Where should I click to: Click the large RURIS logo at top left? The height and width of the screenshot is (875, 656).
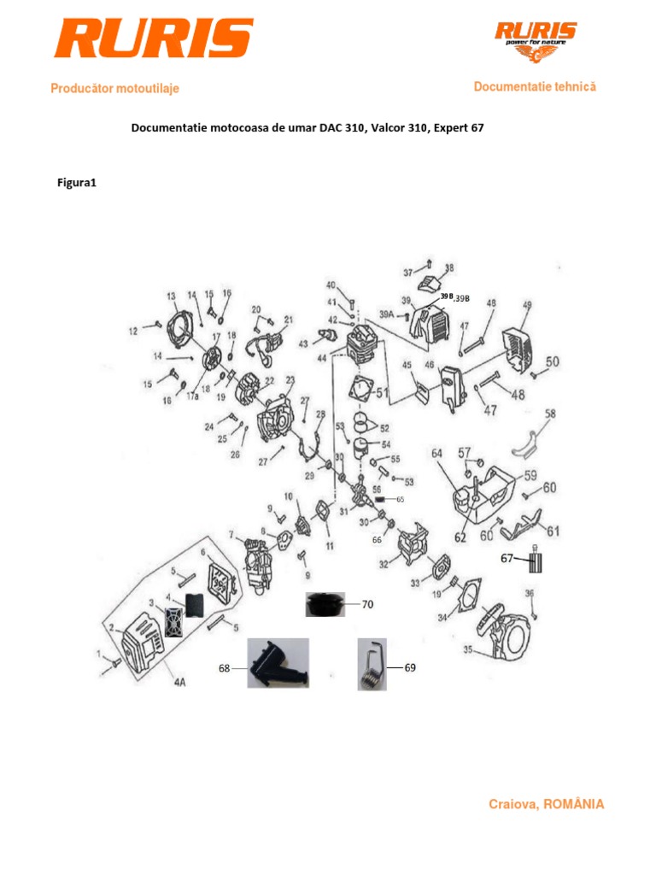click(x=153, y=39)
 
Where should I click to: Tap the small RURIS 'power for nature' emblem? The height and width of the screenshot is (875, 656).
click(x=536, y=43)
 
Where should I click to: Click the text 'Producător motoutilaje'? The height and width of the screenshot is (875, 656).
click(x=115, y=88)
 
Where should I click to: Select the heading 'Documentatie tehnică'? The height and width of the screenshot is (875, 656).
click(x=535, y=86)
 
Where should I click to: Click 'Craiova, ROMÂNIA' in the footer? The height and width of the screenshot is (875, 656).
click(x=546, y=804)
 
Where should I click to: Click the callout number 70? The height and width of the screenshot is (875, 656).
click(x=367, y=604)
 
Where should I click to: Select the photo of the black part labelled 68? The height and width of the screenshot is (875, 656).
click(x=278, y=663)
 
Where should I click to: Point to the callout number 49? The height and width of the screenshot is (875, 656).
click(x=527, y=305)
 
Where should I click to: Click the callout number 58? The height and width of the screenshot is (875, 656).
click(x=550, y=414)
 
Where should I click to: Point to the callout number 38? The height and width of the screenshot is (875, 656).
click(x=449, y=267)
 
